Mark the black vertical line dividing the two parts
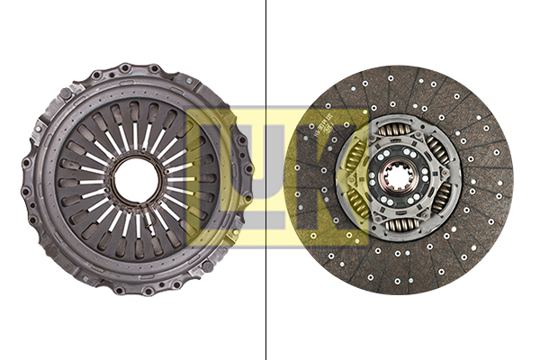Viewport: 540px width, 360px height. (x=266, y=180)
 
